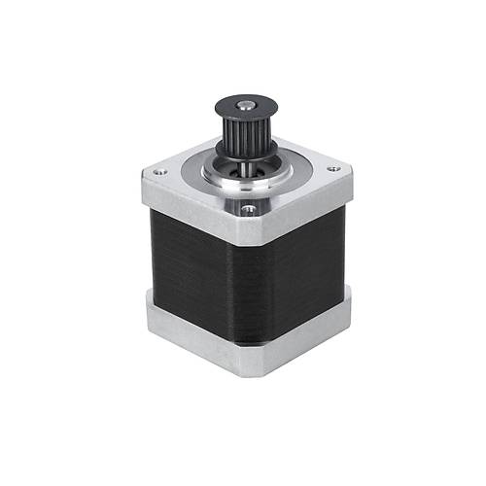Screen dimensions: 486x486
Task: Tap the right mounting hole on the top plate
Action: point(335,169)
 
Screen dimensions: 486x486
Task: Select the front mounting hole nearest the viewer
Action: point(249,206)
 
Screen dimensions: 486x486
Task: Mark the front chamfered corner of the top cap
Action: point(248,230)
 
